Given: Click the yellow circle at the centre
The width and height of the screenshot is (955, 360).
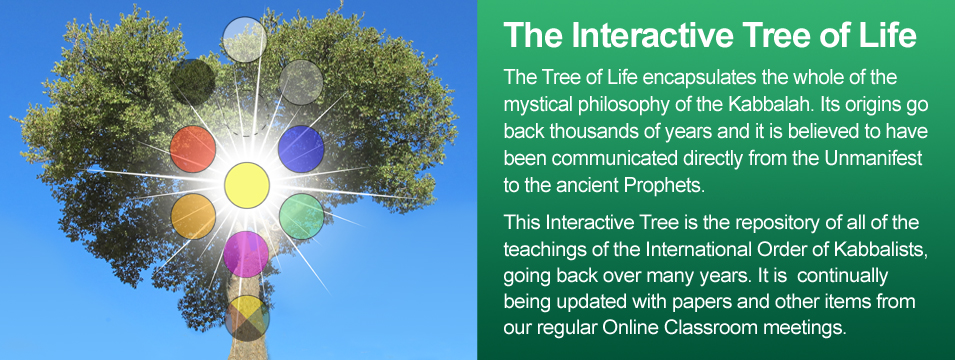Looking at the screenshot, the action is (x=247, y=185).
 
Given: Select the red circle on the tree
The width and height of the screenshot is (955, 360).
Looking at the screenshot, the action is (x=192, y=149).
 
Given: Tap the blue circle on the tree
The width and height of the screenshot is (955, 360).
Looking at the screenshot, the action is (x=301, y=149).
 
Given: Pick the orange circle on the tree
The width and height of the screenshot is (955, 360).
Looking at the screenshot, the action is (x=193, y=216).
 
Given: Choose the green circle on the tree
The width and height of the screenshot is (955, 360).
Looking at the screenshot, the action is (x=301, y=216).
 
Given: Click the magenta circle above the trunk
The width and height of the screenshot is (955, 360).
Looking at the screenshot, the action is (x=246, y=254).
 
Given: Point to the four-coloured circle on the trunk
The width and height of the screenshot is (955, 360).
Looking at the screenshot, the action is (x=247, y=318).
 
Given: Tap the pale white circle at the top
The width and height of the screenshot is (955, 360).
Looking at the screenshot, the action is (x=244, y=40).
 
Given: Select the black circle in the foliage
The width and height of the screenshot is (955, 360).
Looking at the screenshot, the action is (x=192, y=82).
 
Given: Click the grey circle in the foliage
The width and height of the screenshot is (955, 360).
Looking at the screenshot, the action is (x=300, y=82).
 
